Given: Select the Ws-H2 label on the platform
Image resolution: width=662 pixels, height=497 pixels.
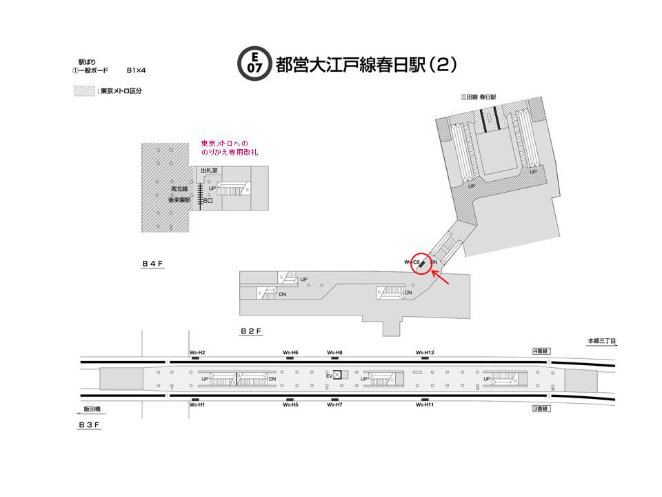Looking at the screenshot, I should click(197, 353).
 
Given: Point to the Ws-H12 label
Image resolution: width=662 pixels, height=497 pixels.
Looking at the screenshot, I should click(425, 353).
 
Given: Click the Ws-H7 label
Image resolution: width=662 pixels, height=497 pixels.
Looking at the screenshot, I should click(335, 405).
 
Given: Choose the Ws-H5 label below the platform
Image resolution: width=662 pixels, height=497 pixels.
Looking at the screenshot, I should click(290, 405).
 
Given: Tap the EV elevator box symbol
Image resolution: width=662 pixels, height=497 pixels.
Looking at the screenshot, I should click(337, 375).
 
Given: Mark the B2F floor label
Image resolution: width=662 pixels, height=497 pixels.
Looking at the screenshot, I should click(250, 331).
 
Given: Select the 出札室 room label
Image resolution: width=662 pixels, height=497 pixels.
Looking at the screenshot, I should click(209, 170).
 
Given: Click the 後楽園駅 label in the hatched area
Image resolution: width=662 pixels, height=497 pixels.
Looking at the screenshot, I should click(179, 199).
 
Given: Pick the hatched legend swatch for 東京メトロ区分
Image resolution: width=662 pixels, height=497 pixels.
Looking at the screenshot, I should click(84, 90).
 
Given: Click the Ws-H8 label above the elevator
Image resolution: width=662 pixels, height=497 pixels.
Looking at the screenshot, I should click(335, 353).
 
